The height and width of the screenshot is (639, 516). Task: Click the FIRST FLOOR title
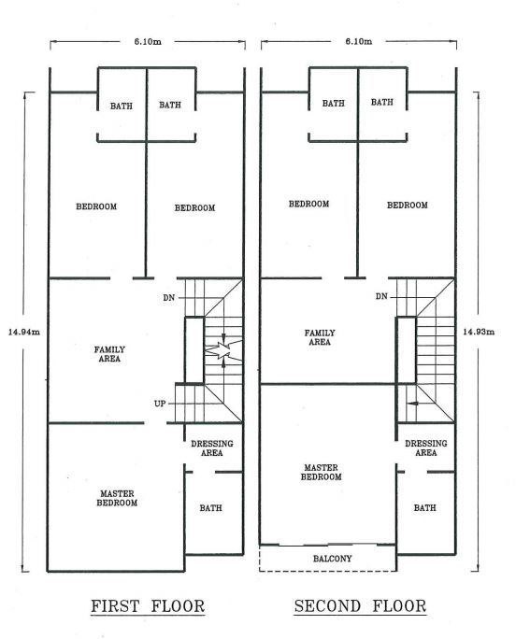tap(148, 606)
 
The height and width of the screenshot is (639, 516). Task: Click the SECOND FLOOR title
tap(360, 606)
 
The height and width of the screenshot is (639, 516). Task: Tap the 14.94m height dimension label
tap(24, 332)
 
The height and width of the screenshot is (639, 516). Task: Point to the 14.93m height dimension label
tap(479, 332)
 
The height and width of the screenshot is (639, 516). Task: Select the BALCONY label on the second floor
tap(333, 559)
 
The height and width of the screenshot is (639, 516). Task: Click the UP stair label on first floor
tap(160, 404)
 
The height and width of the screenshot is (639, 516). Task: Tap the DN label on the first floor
tap(169, 298)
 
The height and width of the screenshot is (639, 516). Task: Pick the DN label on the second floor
tap(381, 296)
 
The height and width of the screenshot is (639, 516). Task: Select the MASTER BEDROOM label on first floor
tap(117, 498)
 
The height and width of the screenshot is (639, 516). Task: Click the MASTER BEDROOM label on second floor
tap(321, 472)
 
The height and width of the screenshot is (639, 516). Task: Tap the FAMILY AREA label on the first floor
tap(109, 354)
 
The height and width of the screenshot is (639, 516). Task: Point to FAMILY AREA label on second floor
tap(320, 337)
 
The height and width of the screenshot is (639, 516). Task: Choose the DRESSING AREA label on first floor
tap(212, 447)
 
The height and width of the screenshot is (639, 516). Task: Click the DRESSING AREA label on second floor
tap(426, 447)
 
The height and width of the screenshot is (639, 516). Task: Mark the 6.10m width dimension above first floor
tap(148, 41)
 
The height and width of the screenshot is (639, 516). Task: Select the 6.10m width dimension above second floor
tap(359, 41)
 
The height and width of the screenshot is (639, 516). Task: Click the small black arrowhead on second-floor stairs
tap(413, 404)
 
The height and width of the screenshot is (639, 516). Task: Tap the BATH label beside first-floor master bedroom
tap(211, 508)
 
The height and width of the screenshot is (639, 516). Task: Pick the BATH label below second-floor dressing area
tap(424, 508)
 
